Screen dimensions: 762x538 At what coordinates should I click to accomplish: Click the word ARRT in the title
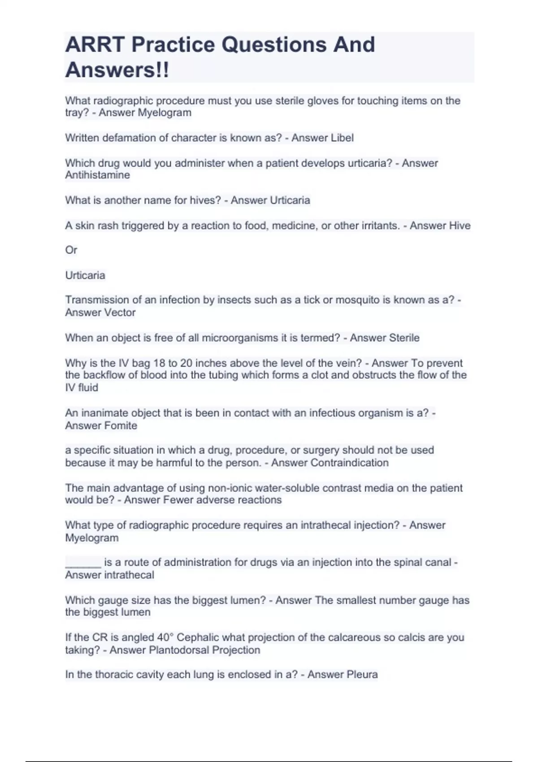(x=95, y=45)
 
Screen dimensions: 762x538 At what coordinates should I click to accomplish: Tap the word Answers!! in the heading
(x=117, y=70)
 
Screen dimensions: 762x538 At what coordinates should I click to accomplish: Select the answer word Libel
(x=342, y=138)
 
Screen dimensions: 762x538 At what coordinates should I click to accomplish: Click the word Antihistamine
(x=97, y=175)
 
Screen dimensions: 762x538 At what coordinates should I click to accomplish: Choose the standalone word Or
(x=71, y=250)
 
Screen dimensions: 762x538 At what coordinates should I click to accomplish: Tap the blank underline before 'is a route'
(x=83, y=563)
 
